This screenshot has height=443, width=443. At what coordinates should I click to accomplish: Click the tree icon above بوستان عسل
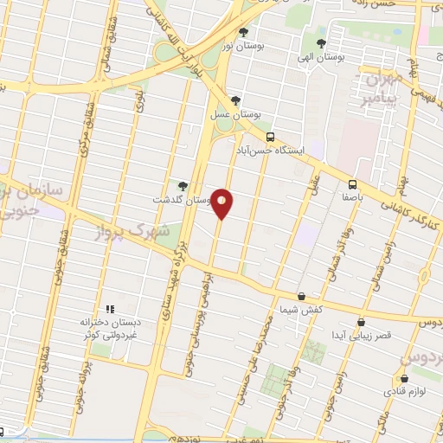(x=235, y=100)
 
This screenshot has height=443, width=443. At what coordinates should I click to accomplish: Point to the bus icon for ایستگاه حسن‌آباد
(x=271, y=137)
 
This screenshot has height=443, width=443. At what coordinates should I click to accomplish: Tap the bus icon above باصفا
(x=352, y=183)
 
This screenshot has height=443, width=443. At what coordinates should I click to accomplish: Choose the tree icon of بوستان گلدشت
(x=182, y=185)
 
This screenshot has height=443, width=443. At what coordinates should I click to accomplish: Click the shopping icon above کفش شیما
(x=301, y=296)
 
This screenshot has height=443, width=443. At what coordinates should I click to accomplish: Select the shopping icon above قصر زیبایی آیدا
(x=348, y=321)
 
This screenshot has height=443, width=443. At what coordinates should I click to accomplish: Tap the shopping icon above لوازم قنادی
(x=404, y=378)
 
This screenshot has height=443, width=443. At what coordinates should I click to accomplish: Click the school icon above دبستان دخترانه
(x=109, y=309)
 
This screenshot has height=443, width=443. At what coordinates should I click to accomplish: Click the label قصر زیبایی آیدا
(x=349, y=334)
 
